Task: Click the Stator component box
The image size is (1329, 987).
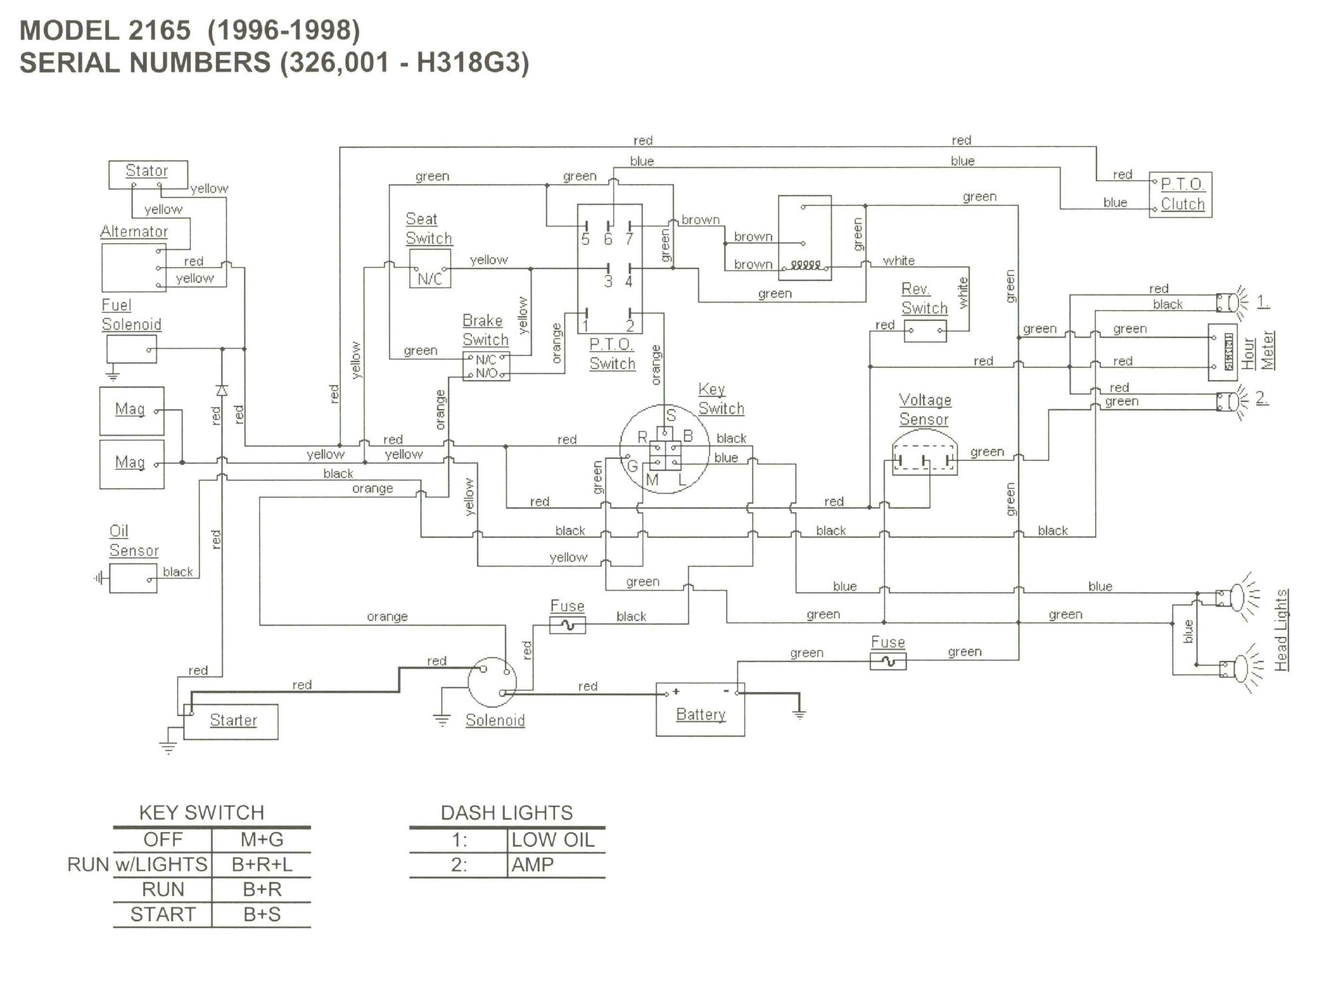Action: point(148,174)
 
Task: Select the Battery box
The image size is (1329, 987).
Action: point(700,709)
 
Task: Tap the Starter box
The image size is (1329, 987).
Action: point(231,721)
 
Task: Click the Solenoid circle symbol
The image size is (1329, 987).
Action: point(492,681)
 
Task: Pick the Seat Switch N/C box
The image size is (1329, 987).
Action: point(429,269)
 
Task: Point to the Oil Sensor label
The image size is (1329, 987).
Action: point(134,541)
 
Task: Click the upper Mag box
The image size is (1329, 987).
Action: point(132,410)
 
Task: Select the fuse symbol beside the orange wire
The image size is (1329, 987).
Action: point(567,625)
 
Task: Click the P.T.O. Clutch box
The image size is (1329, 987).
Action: point(1181,195)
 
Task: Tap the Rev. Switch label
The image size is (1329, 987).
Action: point(924,298)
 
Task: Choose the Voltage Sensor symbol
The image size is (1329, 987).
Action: point(924,455)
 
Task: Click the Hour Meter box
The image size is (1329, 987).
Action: point(1221,352)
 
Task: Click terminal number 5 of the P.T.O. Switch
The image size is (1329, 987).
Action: point(585,239)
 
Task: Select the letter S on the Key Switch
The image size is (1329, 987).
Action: point(670,416)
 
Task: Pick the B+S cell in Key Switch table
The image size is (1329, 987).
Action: point(262,915)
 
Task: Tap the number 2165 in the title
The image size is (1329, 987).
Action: point(159,31)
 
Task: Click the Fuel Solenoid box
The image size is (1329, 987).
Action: point(132,349)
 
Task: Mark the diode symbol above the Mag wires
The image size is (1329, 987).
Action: point(222,390)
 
